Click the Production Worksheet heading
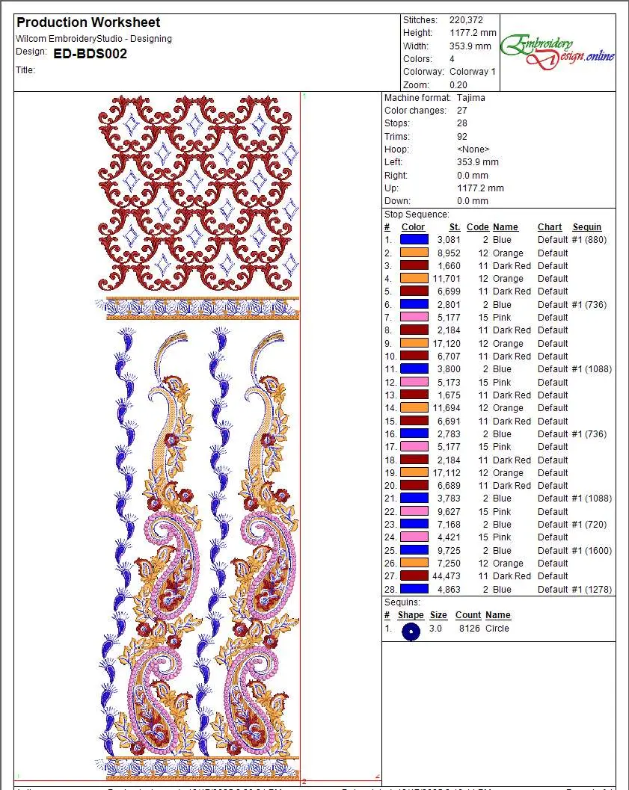pyautogui.click(x=88, y=22)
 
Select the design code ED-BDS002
pyautogui.click(x=90, y=54)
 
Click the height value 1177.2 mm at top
pyautogui.click(x=473, y=33)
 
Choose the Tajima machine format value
pyautogui.click(x=471, y=98)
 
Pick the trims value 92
pyautogui.click(x=462, y=137)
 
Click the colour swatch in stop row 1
pyautogui.click(x=414, y=240)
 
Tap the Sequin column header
pyautogui.click(x=587, y=227)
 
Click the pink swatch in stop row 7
pyautogui.click(x=414, y=318)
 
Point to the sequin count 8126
pyautogui.click(x=467, y=629)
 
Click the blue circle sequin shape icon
pyautogui.click(x=411, y=632)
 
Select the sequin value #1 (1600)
pyautogui.click(x=592, y=551)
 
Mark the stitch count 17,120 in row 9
pyautogui.click(x=447, y=344)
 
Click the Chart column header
pyautogui.click(x=550, y=227)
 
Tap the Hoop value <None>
pyautogui.click(x=473, y=149)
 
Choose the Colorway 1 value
pyautogui.click(x=473, y=72)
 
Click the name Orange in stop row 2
pyautogui.click(x=508, y=253)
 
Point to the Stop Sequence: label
pyautogui.click(x=417, y=215)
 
